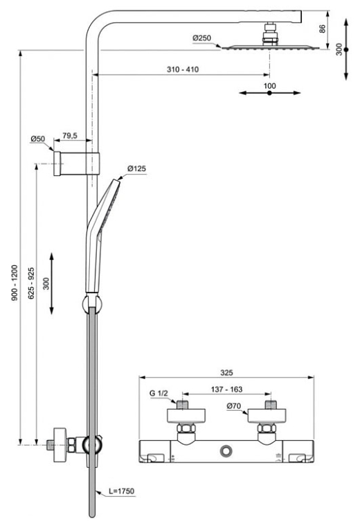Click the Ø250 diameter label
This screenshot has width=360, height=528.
pos(201,37)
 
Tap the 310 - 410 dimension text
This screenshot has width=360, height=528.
pos(183,69)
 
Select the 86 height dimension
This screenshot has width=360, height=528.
pos(323,28)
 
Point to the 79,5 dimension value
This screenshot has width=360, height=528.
pos(70,135)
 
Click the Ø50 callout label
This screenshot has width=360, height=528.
pos(37,139)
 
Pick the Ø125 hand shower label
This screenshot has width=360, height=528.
pos(136,168)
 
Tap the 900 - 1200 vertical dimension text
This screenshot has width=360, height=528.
pos(15,283)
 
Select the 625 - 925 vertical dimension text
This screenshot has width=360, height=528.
pos(31,283)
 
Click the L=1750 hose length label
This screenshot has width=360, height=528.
pos(121,491)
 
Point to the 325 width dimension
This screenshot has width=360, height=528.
pos(226,372)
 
